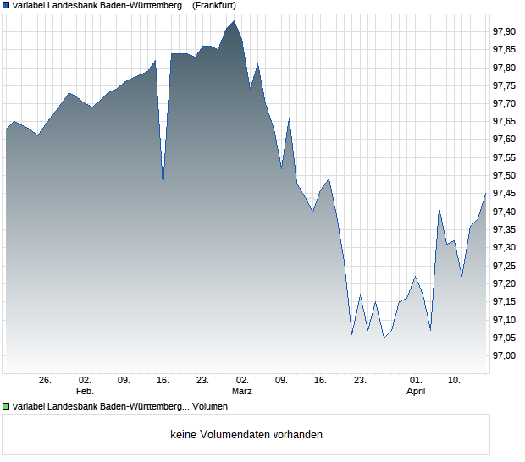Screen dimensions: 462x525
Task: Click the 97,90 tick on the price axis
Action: click(x=504, y=31)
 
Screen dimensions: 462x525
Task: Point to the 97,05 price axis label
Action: click(x=504, y=338)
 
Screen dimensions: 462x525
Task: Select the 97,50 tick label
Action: click(x=504, y=175)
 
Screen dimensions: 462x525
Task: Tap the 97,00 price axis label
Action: click(x=504, y=355)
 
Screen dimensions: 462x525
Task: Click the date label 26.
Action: click(x=45, y=381)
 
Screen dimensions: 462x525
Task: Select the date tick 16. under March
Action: click(x=320, y=381)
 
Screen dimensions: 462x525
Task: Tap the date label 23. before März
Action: click(x=202, y=381)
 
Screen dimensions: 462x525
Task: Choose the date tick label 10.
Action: click(x=454, y=381)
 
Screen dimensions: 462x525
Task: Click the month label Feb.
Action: click(x=84, y=391)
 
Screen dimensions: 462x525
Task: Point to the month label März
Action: click(x=242, y=391)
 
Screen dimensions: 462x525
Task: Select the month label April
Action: click(x=415, y=391)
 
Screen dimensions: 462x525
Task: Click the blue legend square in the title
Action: click(x=7, y=6)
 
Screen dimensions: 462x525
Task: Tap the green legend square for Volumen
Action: click(x=7, y=406)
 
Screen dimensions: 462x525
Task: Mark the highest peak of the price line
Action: click(x=235, y=21)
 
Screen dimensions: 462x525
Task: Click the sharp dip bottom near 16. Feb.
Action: click(x=163, y=186)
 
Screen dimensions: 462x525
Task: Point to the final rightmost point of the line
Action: click(x=485, y=193)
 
